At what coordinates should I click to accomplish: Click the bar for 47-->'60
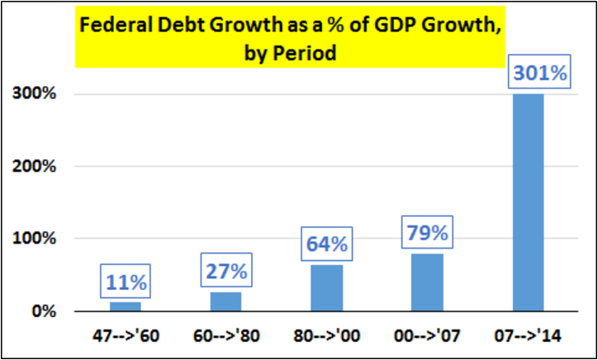pyautogui.click(x=125, y=306)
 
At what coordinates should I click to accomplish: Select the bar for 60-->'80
pyautogui.click(x=225, y=301)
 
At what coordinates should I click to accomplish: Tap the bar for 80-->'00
pyautogui.click(x=326, y=288)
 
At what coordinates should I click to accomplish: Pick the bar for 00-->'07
pyautogui.click(x=427, y=282)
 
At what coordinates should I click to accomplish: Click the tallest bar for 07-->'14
pyautogui.click(x=529, y=202)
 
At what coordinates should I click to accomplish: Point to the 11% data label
pyautogui.click(x=125, y=282)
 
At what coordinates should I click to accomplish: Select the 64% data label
pyautogui.click(x=326, y=244)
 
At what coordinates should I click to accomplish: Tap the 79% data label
pyautogui.click(x=427, y=234)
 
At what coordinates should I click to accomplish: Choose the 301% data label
pyautogui.click(x=541, y=73)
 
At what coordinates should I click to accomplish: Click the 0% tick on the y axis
pyautogui.click(x=43, y=312)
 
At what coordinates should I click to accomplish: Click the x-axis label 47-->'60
pyautogui.click(x=125, y=338)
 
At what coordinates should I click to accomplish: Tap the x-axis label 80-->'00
pyautogui.click(x=326, y=338)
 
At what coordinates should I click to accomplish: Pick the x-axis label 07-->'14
pyautogui.click(x=529, y=338)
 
